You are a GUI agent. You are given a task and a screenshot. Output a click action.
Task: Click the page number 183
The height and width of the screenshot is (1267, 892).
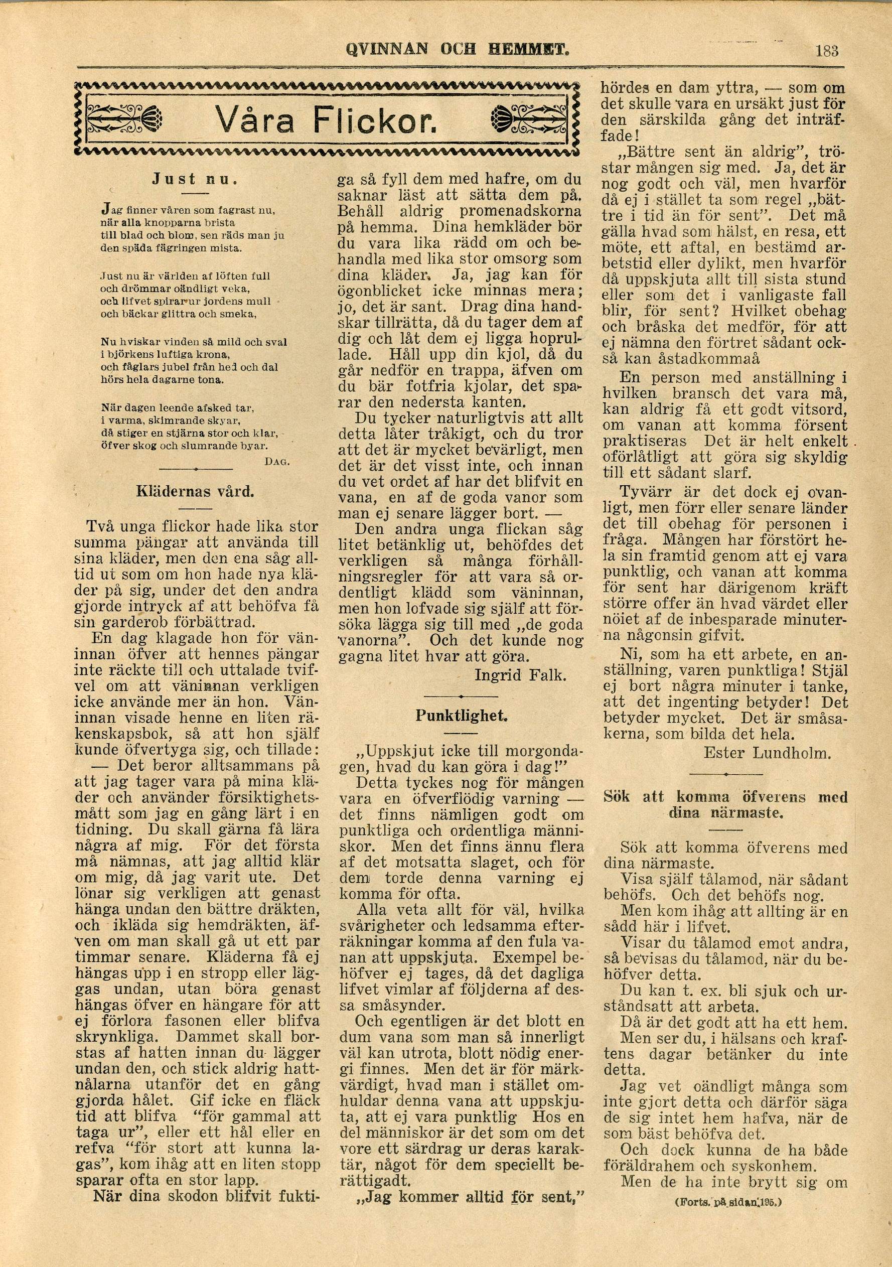click(826, 51)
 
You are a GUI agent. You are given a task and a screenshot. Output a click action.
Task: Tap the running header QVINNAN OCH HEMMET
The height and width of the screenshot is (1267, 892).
click(457, 51)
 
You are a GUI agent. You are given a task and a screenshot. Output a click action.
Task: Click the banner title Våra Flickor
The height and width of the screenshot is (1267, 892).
click(326, 119)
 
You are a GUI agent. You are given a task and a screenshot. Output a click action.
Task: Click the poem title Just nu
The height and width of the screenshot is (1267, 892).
click(195, 179)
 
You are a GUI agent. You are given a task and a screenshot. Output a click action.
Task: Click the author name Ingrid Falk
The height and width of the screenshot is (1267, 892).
click(520, 675)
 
